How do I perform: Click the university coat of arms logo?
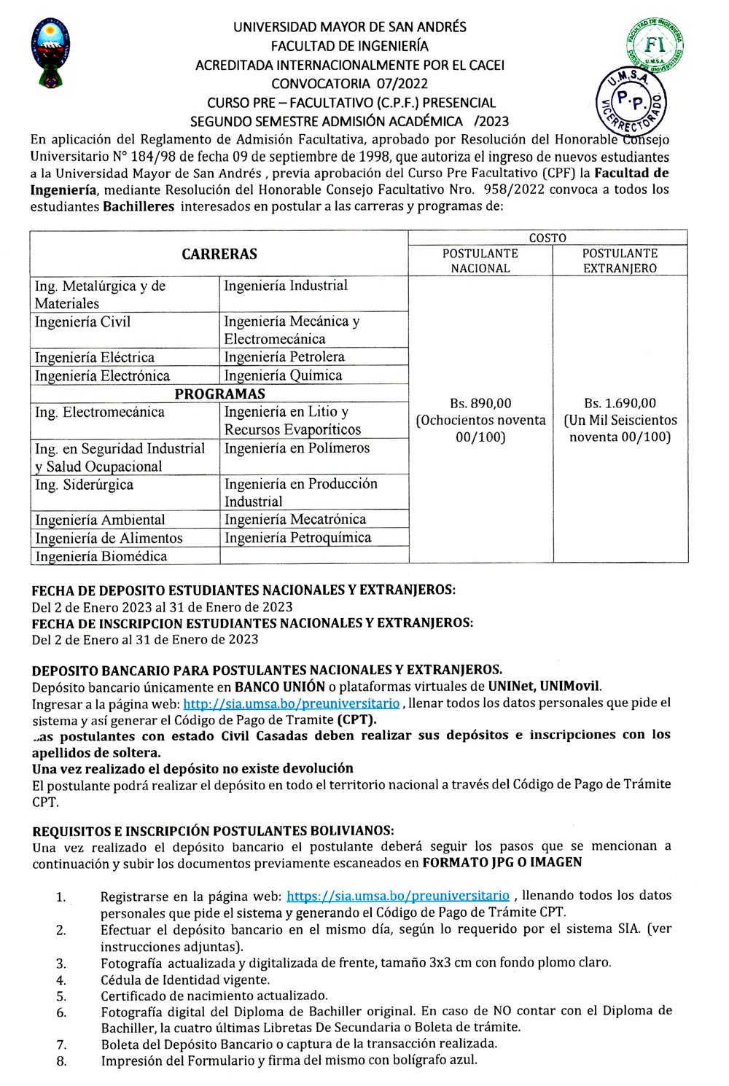pos(50,52)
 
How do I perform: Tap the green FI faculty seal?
pos(654,46)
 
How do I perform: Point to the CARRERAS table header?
pos(219,254)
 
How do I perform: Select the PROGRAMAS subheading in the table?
pos(219,394)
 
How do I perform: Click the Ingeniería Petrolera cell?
pos(284,357)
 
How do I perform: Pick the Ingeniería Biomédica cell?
pos(101,557)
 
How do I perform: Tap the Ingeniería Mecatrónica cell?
pos(295,520)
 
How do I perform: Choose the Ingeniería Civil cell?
pos(82,322)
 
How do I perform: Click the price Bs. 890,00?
pos(480,404)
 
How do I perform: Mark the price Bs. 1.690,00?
pos(620,404)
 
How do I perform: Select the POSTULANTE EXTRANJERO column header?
pos(620,261)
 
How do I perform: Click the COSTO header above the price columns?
pos(547,238)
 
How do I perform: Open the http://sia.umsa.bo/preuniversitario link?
pos(291,704)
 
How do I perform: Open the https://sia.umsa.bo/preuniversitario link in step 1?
pos(398,896)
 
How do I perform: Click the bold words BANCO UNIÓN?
pos(279,687)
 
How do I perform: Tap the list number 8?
pos(61,1061)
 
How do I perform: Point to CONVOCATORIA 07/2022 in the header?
pos(349,84)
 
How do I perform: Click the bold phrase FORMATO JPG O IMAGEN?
pos(502,863)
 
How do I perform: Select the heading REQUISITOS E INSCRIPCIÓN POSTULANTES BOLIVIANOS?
pos(213,831)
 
